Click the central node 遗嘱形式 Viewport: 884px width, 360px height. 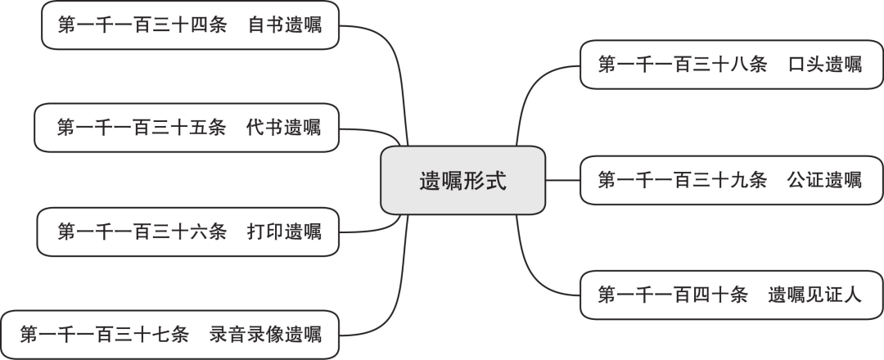[x=462, y=180]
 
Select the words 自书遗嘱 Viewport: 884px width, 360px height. [x=286, y=25]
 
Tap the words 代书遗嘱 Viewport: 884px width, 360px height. [x=283, y=128]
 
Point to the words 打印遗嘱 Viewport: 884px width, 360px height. [x=284, y=232]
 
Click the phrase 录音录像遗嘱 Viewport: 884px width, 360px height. [x=265, y=335]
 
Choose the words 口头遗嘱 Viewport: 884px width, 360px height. [x=825, y=65]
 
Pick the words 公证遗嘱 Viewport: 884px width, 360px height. [x=825, y=180]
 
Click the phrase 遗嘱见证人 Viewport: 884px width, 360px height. [x=815, y=295]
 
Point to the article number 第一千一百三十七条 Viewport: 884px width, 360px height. [x=104, y=335]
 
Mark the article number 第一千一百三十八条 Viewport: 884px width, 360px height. [x=683, y=65]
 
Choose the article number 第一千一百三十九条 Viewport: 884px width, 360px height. [x=683, y=180]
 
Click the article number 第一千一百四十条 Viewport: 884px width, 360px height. [x=673, y=295]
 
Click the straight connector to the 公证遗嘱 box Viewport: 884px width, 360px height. [x=563, y=180]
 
